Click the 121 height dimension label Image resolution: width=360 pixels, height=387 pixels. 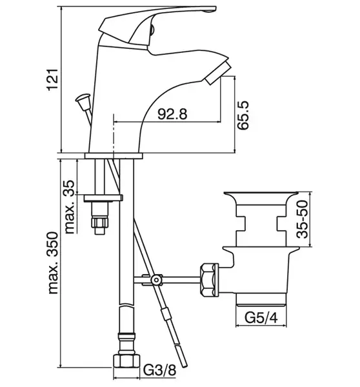53,80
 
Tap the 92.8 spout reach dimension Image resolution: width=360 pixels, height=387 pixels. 172,114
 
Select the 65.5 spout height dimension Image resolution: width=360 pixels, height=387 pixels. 243,115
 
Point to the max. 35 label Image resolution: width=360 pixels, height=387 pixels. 70,207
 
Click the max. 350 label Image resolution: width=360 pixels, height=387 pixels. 53,263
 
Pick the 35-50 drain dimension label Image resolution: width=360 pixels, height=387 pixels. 302,219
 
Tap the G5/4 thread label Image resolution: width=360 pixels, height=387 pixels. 261,317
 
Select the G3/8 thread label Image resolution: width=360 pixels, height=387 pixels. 160,370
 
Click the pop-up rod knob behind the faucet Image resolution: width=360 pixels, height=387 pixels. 83,101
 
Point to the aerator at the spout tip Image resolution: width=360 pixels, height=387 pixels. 217,73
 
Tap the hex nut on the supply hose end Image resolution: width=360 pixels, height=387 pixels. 126,361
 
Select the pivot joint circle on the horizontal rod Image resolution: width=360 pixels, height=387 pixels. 156,280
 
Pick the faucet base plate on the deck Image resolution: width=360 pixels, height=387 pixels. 114,156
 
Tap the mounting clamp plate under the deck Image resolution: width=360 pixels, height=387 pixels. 103,198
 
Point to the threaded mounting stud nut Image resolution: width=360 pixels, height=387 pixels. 100,222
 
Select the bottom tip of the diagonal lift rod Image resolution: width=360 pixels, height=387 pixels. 185,366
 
